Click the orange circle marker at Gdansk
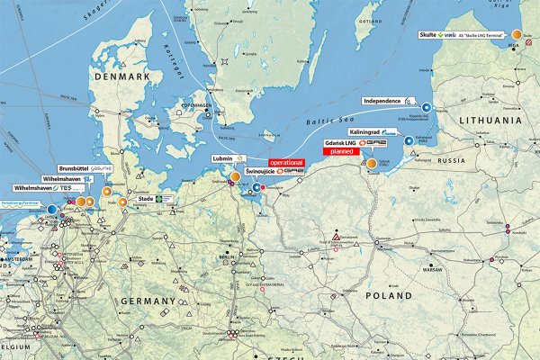(372, 163)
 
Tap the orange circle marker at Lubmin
(235, 176)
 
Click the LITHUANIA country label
(490, 119)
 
